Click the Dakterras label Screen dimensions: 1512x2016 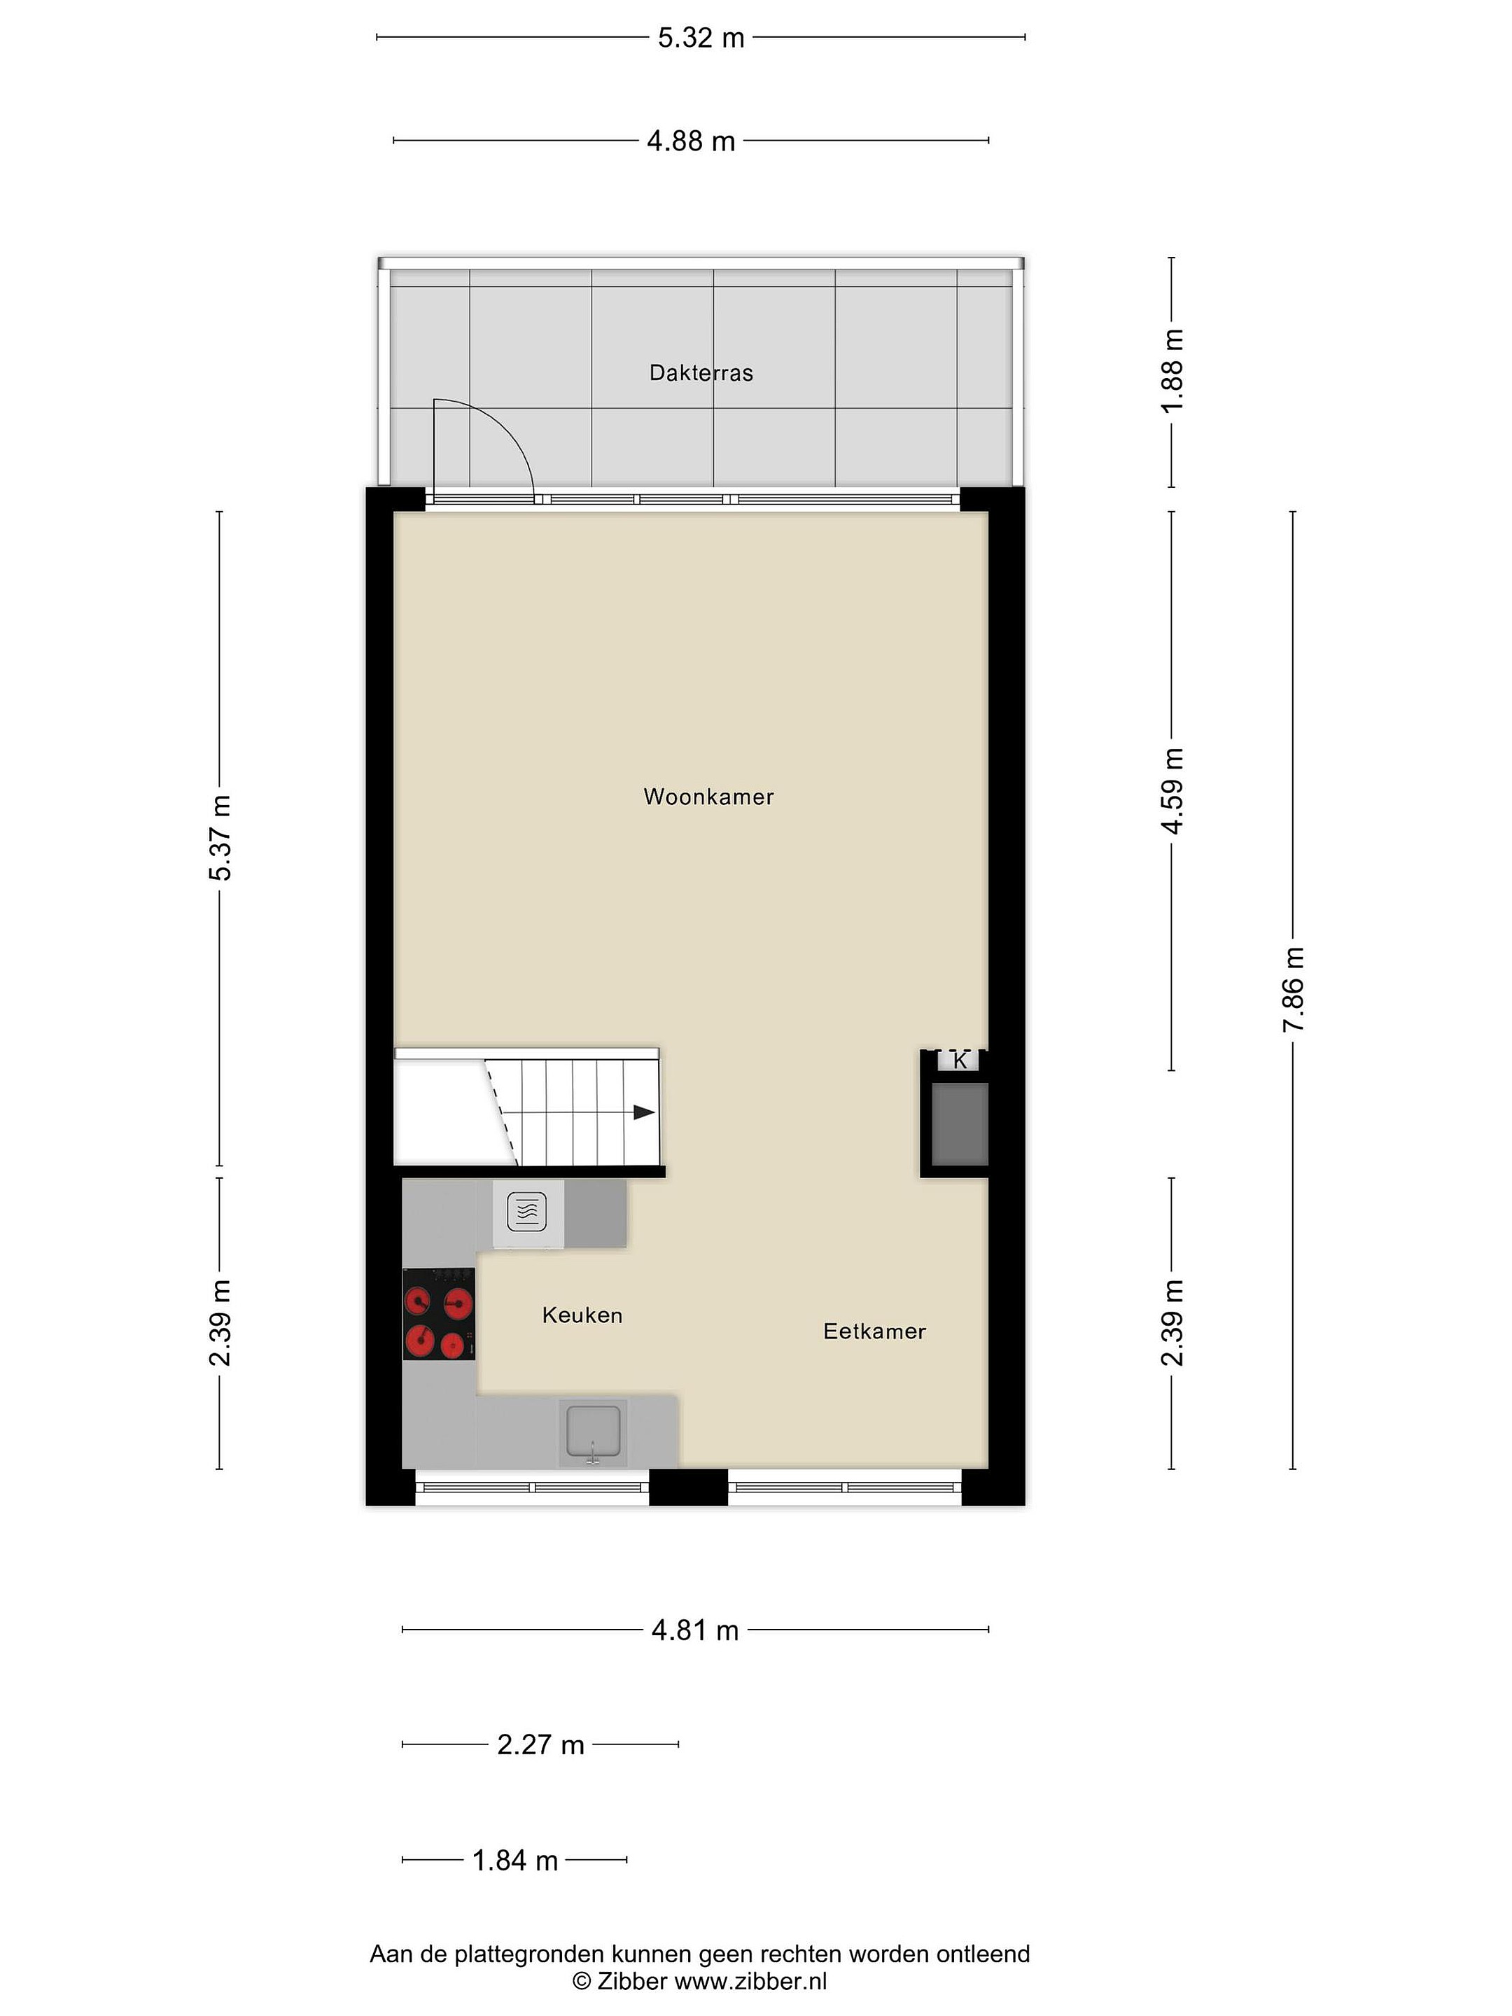pyautogui.click(x=701, y=373)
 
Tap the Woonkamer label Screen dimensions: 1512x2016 pyautogui.click(x=708, y=797)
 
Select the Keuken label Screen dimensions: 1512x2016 pyautogui.click(x=582, y=1315)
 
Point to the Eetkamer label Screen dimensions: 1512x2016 pyautogui.click(x=874, y=1331)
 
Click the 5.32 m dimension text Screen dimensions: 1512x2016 pyautogui.click(x=701, y=38)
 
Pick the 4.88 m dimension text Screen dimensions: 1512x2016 pyautogui.click(x=691, y=141)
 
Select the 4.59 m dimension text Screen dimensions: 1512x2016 pyautogui.click(x=1173, y=790)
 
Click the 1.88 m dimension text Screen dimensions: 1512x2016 pyautogui.click(x=1173, y=371)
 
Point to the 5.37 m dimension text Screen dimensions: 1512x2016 pyautogui.click(x=220, y=838)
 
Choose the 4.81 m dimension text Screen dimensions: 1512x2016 pyautogui.click(x=694, y=1630)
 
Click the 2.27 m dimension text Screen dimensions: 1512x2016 pyautogui.click(x=540, y=1744)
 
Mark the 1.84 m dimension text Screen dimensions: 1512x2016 pyautogui.click(x=515, y=1860)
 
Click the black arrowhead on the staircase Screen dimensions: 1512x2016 pyautogui.click(x=645, y=1113)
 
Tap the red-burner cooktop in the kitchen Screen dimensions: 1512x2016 pyautogui.click(x=440, y=1314)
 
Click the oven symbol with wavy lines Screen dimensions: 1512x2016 pyautogui.click(x=527, y=1212)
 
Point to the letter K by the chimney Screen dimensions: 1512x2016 pyautogui.click(x=960, y=1061)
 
